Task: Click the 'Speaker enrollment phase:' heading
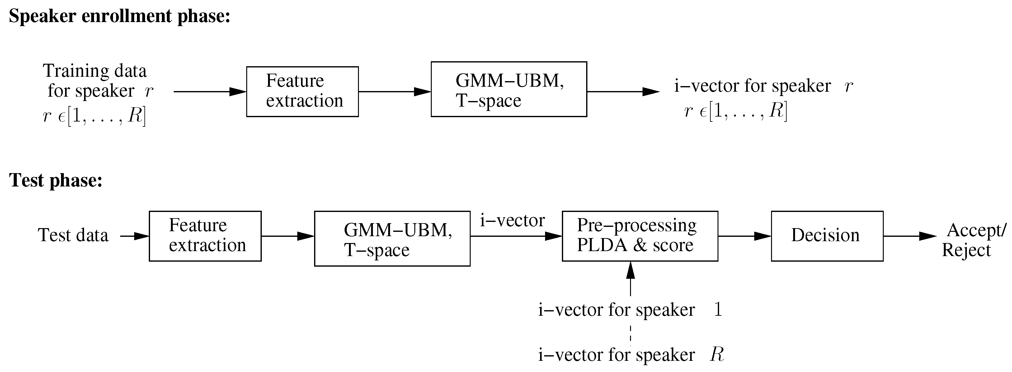[120, 16]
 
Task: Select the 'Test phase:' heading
[55, 181]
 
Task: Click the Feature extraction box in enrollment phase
[302, 91]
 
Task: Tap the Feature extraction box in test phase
[205, 236]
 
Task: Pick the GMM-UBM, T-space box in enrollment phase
[508, 90]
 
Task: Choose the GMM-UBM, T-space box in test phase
[392, 239]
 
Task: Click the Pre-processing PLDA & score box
[640, 236]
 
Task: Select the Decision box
[827, 236]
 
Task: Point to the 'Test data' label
[73, 236]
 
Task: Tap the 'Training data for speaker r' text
[98, 81]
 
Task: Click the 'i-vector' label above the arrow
[512, 221]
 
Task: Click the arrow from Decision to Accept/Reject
[910, 236]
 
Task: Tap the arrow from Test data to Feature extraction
[134, 236]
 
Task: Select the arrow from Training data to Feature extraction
[209, 92]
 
